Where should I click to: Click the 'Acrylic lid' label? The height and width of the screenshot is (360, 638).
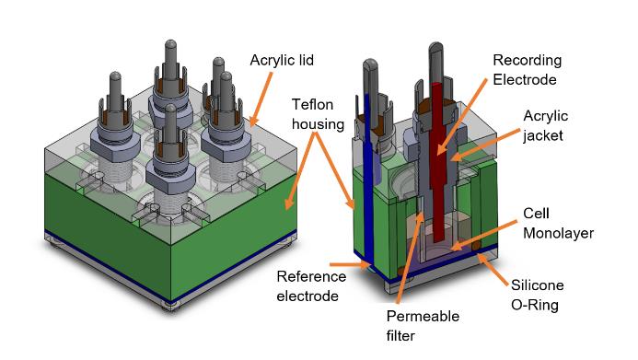click(x=282, y=60)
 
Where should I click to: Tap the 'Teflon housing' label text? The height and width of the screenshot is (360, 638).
click(x=318, y=114)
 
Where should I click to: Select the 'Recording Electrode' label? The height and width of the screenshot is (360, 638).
click(x=528, y=70)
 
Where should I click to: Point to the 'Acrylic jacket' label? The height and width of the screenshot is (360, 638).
click(x=545, y=126)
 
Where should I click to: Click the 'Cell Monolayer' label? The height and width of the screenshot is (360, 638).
click(x=558, y=224)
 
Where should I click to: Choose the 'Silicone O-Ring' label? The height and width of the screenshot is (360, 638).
click(x=537, y=295)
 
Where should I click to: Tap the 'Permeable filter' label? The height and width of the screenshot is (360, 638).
click(x=423, y=326)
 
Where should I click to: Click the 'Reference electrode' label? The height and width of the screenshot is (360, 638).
click(x=311, y=286)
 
